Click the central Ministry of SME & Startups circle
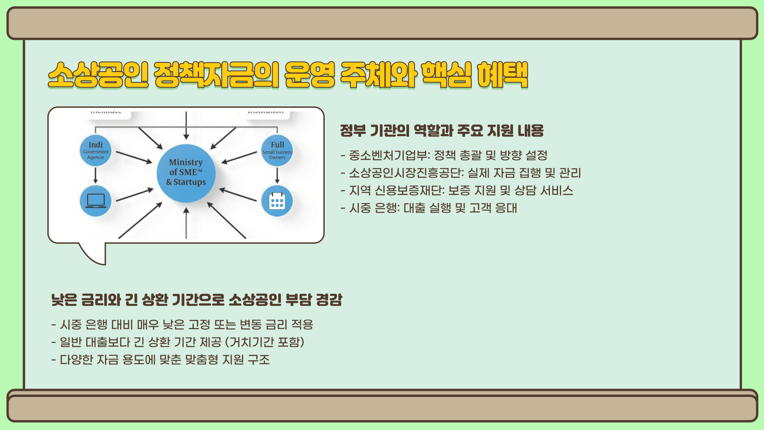point(186,173)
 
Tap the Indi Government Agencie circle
point(95,151)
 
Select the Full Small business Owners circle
point(277,151)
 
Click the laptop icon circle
point(95,201)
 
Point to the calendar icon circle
point(277,201)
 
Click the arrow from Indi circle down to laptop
point(95,175)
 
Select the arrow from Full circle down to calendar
point(277,175)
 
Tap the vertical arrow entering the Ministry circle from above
point(186,125)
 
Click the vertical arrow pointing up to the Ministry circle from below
point(186,223)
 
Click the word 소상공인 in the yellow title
point(98,75)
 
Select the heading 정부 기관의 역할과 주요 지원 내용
point(442,131)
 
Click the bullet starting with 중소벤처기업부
point(444,155)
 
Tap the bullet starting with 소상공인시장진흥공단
point(461,173)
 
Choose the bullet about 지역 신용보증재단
point(457,190)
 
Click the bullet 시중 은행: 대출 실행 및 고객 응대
point(429,208)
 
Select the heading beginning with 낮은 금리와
point(197,299)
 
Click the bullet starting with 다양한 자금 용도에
point(161,360)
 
